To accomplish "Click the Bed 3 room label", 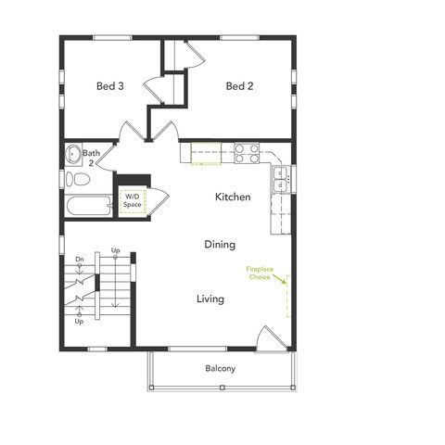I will click(109, 87).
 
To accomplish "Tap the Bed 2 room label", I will click(239, 87).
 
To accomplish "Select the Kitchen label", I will click(233, 197).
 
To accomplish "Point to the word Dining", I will click(220, 245).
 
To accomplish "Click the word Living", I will click(210, 299).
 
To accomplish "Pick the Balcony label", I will click(220, 369).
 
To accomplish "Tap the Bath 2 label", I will click(91, 158).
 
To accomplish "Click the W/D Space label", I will click(133, 200).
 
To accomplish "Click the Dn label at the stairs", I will click(80, 259).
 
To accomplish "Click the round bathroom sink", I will click(71, 154).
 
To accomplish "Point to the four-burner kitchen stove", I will click(246, 152).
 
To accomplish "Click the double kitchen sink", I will click(279, 180).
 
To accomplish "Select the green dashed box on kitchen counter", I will click(206, 151).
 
